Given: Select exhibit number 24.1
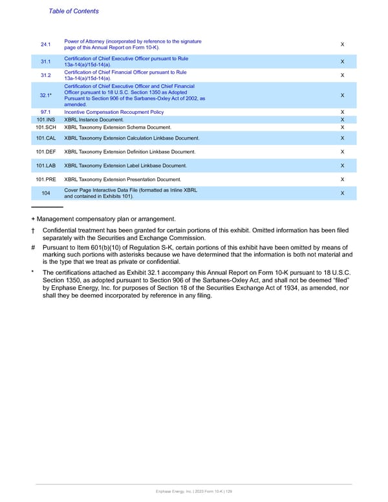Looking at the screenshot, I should (x=45, y=45).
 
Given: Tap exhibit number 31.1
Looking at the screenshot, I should (x=45, y=62).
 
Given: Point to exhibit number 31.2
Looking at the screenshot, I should (x=45, y=75).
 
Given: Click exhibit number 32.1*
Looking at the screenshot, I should (x=45, y=94).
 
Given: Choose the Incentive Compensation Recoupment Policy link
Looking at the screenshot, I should (x=114, y=112).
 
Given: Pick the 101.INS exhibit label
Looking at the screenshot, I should (x=45, y=120).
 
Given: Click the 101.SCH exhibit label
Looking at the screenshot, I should (x=45, y=127).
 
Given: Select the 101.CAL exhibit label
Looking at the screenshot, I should (x=45, y=138).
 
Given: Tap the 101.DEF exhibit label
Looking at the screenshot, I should (x=45, y=151).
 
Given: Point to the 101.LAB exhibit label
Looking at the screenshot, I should (x=45, y=166).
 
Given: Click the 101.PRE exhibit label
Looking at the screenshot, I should (x=45, y=179).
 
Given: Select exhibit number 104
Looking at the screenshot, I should (x=45, y=193).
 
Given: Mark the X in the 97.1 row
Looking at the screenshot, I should (x=342, y=112).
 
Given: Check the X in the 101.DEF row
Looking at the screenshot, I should (x=342, y=151).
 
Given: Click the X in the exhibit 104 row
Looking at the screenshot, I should (x=342, y=193).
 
